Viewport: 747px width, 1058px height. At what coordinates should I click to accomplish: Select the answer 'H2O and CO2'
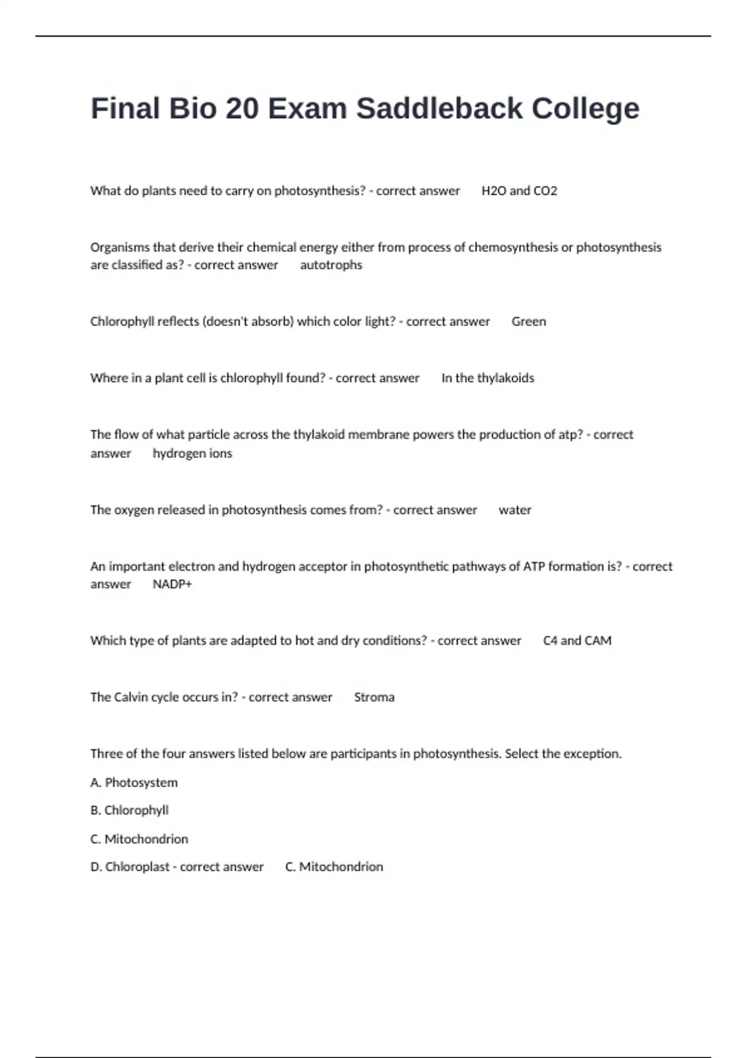click(519, 191)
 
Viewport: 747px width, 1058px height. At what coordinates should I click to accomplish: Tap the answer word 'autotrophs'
click(331, 265)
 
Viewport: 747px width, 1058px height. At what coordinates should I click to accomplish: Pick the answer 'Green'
click(529, 322)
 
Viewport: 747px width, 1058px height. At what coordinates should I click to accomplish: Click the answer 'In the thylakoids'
click(487, 378)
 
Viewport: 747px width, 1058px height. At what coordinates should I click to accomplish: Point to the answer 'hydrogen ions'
click(192, 454)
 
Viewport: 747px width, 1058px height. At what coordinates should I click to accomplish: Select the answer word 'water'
click(515, 510)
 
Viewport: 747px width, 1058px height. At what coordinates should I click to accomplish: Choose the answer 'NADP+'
click(172, 584)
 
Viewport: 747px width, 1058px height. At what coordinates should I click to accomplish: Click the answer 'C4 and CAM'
click(577, 641)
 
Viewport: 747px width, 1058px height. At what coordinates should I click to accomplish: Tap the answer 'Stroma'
click(374, 698)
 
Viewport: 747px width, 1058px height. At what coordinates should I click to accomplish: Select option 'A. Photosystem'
click(134, 783)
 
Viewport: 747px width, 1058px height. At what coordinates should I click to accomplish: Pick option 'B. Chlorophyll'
click(129, 810)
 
